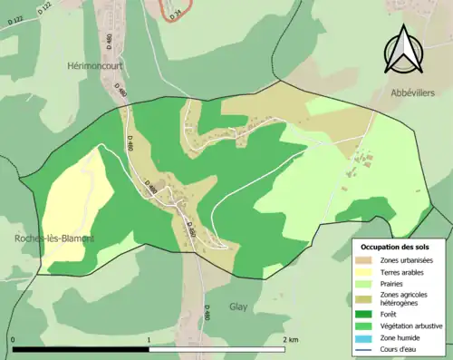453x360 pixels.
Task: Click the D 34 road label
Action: pos(178,10)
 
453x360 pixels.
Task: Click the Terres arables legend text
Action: pos(405,271)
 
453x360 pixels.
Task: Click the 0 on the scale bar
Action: pos(13,339)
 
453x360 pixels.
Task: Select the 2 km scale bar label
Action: pos(290,339)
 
